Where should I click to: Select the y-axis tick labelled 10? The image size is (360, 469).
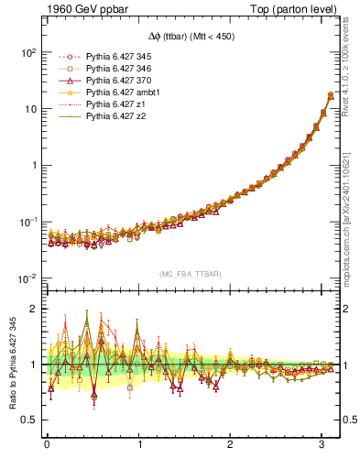click(29, 110)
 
